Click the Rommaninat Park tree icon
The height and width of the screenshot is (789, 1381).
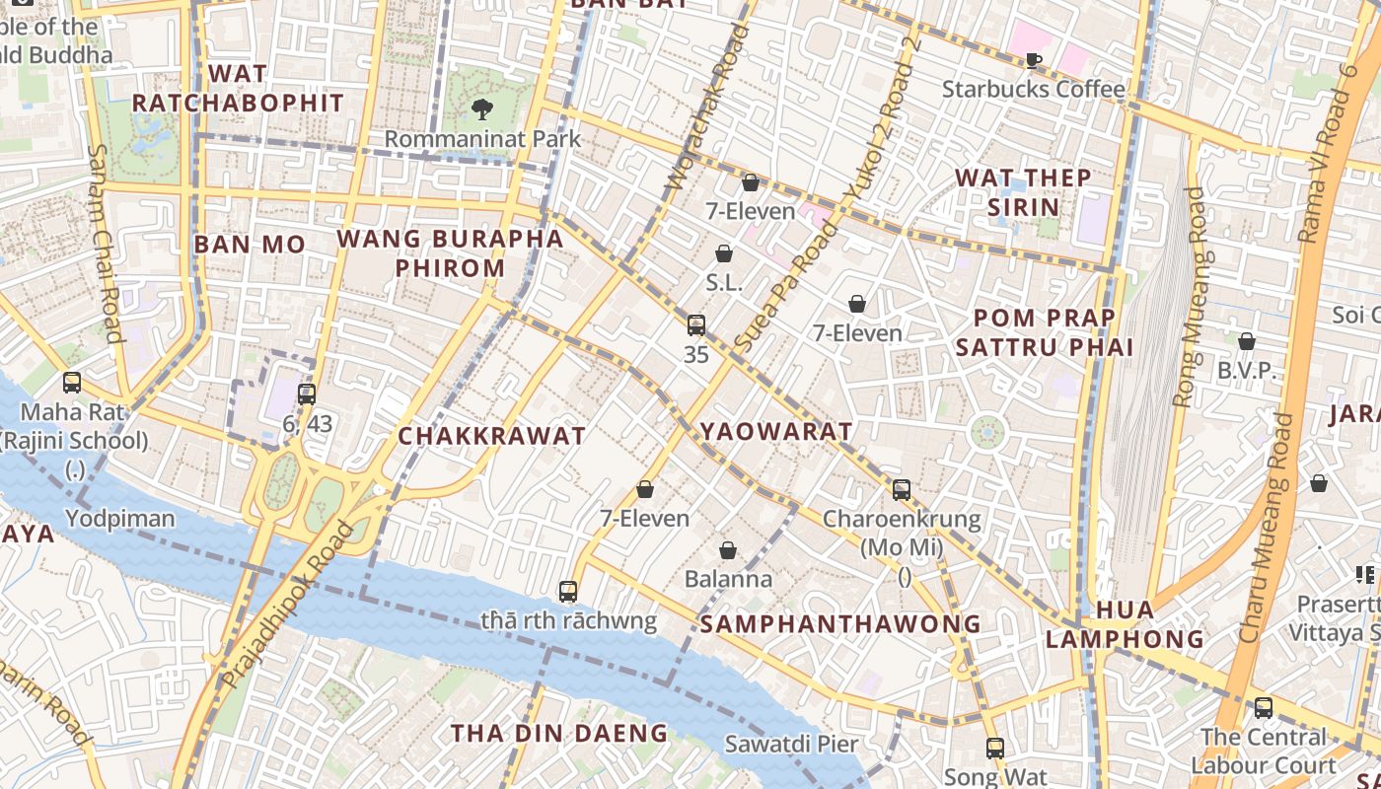[x=481, y=108]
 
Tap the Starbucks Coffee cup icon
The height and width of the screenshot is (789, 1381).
[x=1033, y=60]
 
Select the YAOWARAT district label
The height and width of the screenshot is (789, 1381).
[x=775, y=432]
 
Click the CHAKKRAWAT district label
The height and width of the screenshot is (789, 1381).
[x=491, y=436]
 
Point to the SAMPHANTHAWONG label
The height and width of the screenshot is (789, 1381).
[x=840, y=623]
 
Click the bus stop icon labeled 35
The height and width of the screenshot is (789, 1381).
[x=695, y=324]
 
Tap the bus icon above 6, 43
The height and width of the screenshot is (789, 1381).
[x=307, y=394]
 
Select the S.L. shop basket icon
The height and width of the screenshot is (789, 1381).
[x=724, y=253]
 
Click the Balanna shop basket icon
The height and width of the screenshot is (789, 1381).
[x=728, y=550]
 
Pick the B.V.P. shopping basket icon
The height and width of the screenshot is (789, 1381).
[x=1247, y=341]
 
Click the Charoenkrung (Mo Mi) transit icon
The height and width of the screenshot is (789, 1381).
[x=901, y=489]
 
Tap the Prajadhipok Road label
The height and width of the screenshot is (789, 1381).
[x=288, y=606]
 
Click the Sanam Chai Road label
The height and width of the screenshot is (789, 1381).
[x=106, y=243]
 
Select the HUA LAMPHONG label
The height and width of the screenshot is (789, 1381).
[x=1125, y=624]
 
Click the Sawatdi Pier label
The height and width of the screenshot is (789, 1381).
[x=791, y=744]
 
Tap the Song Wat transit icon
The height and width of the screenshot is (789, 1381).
[x=994, y=748]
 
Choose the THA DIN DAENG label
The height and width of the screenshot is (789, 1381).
[x=559, y=733]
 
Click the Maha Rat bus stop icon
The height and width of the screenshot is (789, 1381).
[x=72, y=382]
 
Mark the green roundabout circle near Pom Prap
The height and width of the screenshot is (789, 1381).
[x=986, y=431]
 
